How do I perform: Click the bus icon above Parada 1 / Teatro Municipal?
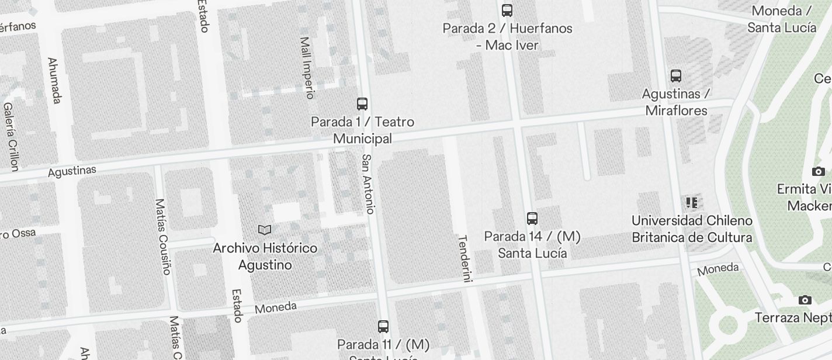(362, 104)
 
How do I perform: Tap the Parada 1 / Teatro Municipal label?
(362, 130)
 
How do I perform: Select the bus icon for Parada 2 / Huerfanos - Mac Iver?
(507, 10)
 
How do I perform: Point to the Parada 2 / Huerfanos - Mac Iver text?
(507, 36)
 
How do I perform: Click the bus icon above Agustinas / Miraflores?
(676, 75)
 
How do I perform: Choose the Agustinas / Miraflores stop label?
(676, 102)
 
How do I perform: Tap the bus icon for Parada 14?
(532, 219)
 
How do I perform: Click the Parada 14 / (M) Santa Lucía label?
(532, 245)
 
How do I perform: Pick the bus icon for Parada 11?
(383, 327)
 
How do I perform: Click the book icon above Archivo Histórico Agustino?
(265, 230)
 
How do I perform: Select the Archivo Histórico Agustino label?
(265, 257)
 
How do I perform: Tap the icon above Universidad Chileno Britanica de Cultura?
(692, 203)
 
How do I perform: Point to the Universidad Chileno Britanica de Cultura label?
(692, 229)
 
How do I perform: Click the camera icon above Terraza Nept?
(805, 300)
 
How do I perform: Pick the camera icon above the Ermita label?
(818, 171)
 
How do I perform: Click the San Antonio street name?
(368, 184)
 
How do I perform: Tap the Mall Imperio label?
(307, 68)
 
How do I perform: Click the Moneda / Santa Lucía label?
(782, 19)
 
